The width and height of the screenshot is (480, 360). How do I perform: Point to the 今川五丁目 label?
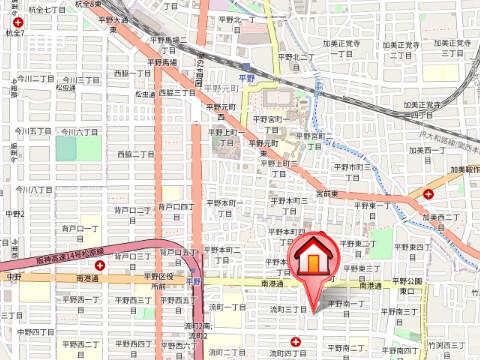point(34,130)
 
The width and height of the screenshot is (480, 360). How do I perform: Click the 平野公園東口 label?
point(411,286)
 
